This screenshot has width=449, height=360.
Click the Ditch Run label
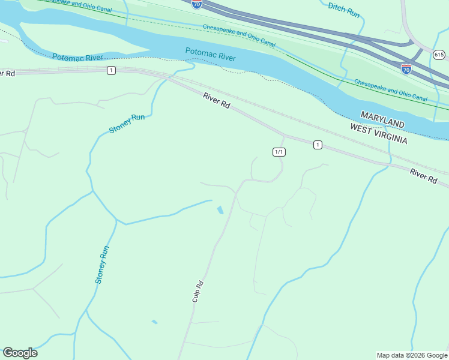point(344,9)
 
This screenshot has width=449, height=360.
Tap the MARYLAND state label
point(382,118)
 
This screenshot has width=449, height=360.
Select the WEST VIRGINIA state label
point(379,134)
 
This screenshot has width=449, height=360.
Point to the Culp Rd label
point(198,292)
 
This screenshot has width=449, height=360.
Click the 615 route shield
point(439,55)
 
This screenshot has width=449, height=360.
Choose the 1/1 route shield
point(279,152)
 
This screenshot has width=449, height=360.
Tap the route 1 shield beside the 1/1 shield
point(318,145)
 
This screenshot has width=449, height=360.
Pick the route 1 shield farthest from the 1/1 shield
point(111,71)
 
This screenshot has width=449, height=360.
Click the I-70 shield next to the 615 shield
point(406,68)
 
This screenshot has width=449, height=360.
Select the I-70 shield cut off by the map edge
point(197,4)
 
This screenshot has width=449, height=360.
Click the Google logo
point(20,353)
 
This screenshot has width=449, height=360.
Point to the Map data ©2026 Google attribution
point(412,355)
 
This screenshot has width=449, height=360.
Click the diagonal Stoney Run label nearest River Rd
point(127,124)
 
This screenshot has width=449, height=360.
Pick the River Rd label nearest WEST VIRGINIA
point(423,175)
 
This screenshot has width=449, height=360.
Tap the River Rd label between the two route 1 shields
point(216,100)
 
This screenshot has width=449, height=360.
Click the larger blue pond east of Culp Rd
point(220,210)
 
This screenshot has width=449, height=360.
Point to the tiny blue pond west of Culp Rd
point(154,322)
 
